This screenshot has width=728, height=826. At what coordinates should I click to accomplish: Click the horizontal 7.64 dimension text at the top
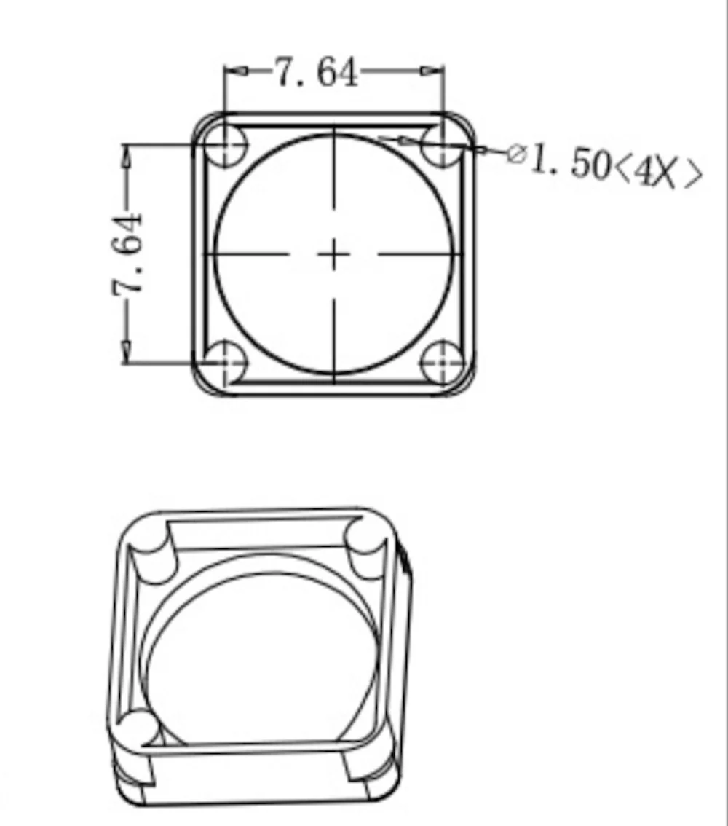pos(317,72)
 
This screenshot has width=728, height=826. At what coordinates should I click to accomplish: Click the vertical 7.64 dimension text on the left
pos(127,254)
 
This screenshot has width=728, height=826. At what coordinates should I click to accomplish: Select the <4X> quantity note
pos(659,172)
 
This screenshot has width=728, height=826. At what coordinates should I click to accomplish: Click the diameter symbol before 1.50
pos(517,154)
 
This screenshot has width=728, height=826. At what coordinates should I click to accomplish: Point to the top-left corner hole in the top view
pos(225,144)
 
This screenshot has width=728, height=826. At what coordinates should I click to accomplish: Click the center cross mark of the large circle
pos(334,255)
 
